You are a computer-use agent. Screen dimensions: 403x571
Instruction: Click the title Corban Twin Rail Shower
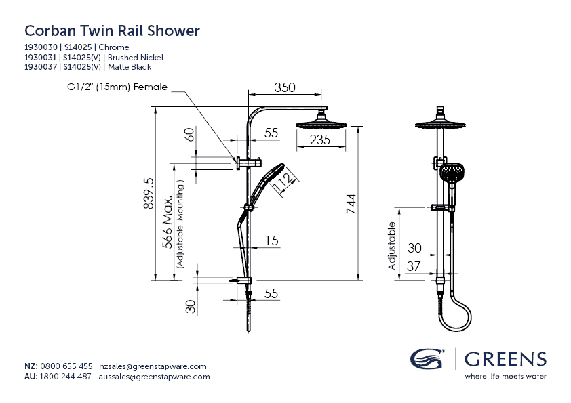[x=112, y=31]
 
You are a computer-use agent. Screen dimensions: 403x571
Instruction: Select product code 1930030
[x=41, y=47]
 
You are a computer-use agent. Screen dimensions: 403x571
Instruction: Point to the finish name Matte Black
[x=128, y=67]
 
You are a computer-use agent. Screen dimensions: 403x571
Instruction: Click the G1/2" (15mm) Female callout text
[x=117, y=87]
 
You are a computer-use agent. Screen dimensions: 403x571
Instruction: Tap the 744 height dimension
[x=351, y=203]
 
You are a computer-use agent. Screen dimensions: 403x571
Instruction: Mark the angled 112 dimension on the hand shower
[x=283, y=179]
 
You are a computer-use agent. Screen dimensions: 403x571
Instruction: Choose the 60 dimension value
[x=191, y=135]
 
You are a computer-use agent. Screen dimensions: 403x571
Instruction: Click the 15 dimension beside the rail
[x=271, y=240]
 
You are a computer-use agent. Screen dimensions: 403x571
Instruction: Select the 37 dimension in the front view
[x=413, y=267]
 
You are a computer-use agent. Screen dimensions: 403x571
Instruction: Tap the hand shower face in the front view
[x=451, y=173]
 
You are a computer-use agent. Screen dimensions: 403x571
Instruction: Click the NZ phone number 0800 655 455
[x=66, y=366]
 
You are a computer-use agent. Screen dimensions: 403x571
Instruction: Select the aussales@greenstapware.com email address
[x=155, y=377]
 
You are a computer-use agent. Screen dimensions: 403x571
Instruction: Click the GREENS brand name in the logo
[x=505, y=358]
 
